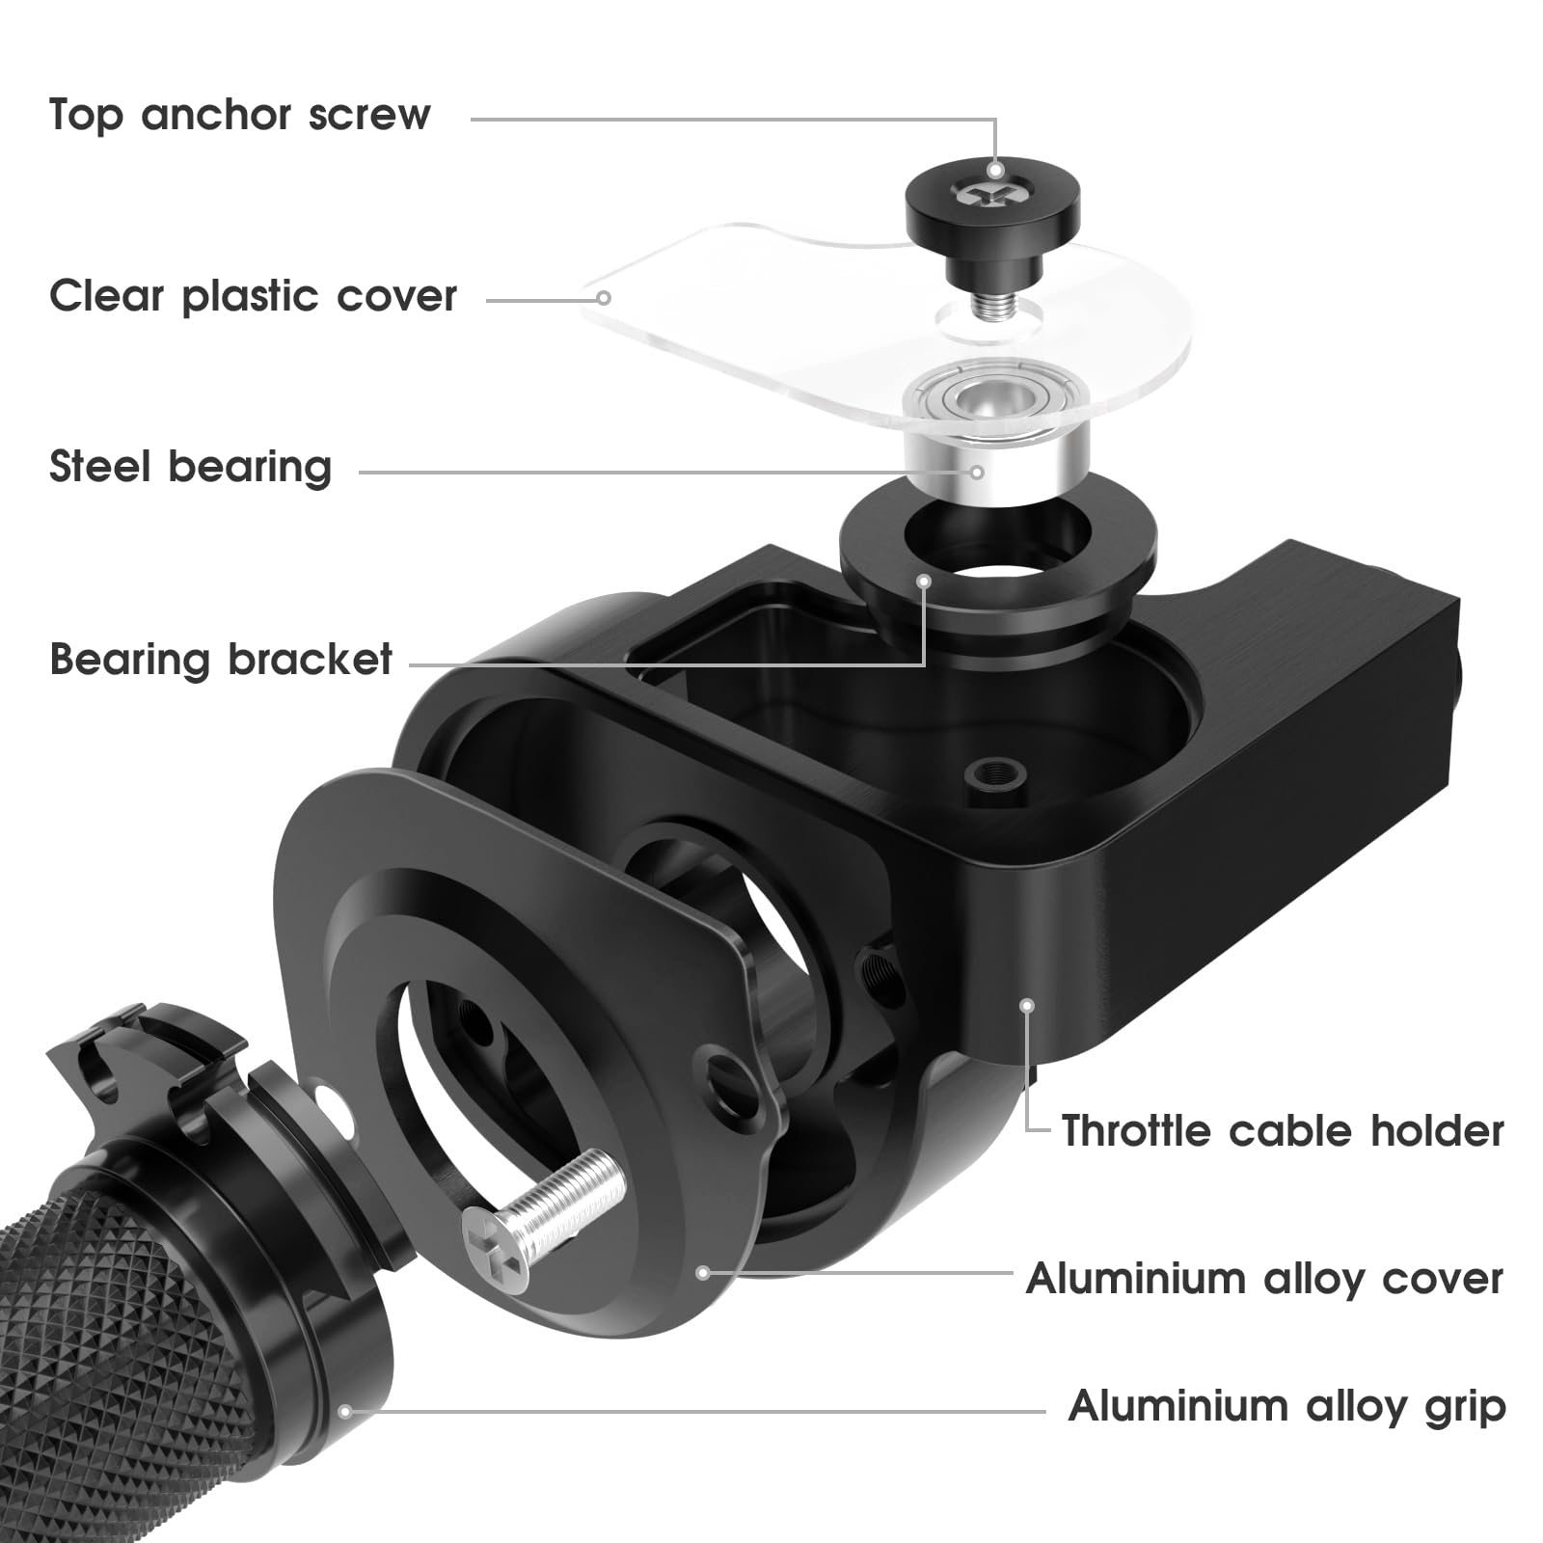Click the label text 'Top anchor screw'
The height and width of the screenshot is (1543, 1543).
point(239,115)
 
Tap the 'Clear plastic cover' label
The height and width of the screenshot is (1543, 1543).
point(253,296)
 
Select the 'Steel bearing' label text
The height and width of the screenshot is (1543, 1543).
point(190,467)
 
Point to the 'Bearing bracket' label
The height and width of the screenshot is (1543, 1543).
point(221,660)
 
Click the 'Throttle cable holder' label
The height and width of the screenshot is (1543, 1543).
point(1282,1130)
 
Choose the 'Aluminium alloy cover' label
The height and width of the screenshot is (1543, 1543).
point(1264,1279)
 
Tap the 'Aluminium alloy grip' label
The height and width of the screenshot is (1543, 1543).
point(1286,1406)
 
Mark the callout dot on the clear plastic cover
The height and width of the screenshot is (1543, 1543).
point(603,298)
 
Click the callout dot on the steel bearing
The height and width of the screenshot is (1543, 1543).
point(977,472)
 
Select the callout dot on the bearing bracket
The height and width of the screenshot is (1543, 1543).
point(924,581)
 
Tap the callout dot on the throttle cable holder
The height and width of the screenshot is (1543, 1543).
point(1027,1005)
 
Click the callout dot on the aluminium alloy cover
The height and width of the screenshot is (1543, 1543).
point(703,1273)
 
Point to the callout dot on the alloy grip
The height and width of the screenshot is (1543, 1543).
point(344,1412)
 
